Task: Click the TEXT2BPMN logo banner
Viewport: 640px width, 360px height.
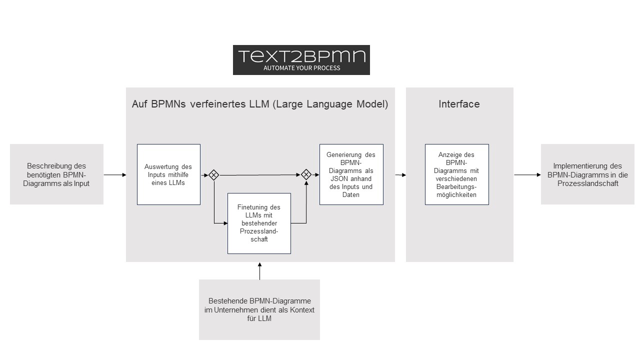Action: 301,60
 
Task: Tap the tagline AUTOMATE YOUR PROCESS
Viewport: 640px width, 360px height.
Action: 301,68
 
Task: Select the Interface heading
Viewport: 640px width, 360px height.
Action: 459,104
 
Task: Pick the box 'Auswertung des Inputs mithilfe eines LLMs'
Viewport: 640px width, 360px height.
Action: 168,174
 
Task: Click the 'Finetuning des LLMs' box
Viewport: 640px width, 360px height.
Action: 259,223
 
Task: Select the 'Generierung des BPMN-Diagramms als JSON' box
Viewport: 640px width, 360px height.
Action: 351,174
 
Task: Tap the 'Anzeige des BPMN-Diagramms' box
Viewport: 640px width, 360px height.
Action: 457,174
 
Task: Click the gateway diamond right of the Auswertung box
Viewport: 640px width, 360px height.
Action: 213,175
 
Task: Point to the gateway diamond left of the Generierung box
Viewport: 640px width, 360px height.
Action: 306,174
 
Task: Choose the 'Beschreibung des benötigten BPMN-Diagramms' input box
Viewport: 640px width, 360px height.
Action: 56,174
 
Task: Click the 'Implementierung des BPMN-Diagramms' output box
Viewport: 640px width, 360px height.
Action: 587,174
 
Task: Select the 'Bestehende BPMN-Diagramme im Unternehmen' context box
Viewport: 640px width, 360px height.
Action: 259,309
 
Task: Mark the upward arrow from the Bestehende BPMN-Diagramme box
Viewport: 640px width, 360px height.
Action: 259,271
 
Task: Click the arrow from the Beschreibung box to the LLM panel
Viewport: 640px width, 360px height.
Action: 115,175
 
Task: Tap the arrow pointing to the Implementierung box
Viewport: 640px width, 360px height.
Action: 527,175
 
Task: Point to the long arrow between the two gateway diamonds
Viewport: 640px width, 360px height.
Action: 259,175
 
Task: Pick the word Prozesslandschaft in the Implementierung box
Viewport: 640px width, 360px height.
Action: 587,183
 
